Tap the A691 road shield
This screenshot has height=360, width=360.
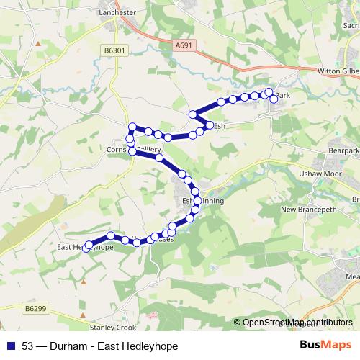(x=184, y=45)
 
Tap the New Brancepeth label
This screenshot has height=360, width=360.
(x=309, y=210)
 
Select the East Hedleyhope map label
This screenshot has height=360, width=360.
(x=85, y=247)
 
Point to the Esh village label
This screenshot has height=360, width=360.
(x=219, y=125)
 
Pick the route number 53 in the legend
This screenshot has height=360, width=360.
(x=28, y=346)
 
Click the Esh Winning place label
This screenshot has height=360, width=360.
(x=203, y=201)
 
